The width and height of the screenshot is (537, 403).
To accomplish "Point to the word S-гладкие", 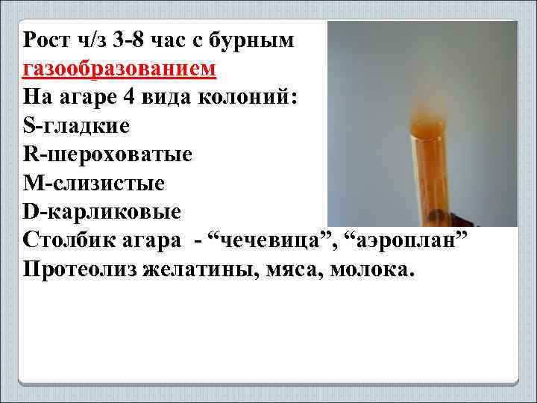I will (x=76, y=126).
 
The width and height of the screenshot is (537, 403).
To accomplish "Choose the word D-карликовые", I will (x=102, y=211).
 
